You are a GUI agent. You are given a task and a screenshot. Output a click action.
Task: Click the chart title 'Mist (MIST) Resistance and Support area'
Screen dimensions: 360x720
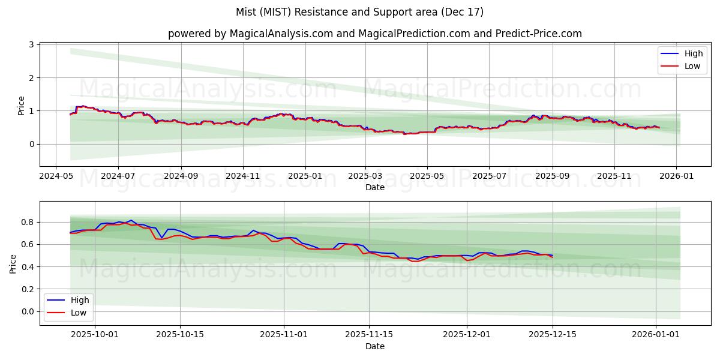point(359,12)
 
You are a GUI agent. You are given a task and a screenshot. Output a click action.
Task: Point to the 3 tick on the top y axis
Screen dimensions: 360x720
point(32,45)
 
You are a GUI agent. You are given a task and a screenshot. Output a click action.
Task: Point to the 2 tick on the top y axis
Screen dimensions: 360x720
point(32,78)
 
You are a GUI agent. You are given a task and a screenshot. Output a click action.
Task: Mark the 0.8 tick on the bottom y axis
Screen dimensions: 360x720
point(26,222)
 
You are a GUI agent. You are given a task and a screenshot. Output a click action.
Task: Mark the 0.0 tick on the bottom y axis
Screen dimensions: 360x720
point(26,311)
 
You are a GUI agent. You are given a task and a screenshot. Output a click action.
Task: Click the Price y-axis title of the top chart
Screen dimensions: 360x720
point(22,105)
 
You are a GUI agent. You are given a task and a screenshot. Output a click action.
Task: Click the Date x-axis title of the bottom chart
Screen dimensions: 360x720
point(374,347)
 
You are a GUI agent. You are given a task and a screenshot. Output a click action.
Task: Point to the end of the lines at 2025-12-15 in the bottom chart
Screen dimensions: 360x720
point(552,257)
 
